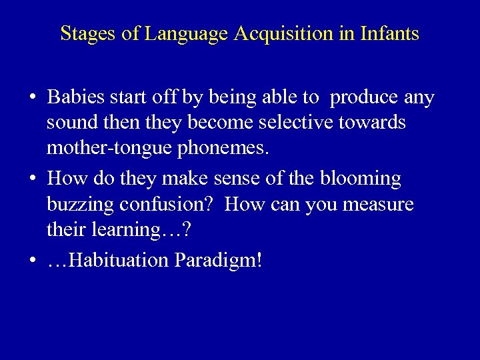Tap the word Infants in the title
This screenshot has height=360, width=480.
click(388, 34)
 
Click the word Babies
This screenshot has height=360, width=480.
click(79, 98)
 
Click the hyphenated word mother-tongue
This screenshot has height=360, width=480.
click(107, 148)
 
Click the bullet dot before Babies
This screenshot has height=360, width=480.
click(33, 99)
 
